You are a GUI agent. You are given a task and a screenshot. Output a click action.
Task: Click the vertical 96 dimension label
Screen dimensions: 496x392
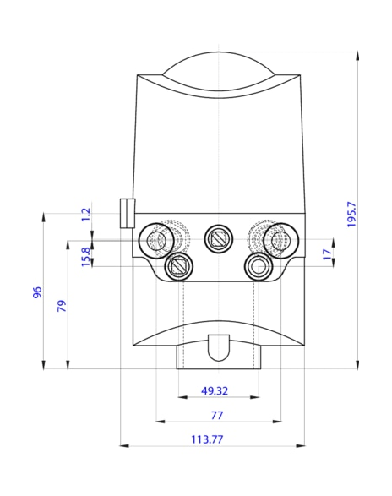[37, 292]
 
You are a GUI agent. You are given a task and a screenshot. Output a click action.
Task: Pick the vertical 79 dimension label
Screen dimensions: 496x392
[61, 305]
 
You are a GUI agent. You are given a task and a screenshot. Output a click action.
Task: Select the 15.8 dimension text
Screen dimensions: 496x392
[84, 254]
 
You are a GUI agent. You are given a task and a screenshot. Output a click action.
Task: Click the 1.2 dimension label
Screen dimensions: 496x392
[84, 215]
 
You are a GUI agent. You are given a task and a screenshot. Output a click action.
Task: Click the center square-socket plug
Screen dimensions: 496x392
[219, 239]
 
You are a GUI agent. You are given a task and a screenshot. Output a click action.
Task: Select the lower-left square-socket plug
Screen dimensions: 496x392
[180, 267]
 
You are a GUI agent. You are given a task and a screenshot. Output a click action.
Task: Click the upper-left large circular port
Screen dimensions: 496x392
[156, 241]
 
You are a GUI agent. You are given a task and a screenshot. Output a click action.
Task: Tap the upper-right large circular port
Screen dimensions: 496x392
[277, 241]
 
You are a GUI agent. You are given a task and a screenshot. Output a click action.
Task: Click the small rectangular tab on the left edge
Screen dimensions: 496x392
[128, 213]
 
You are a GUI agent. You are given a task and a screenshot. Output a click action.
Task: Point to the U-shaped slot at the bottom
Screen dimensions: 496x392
[219, 346]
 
